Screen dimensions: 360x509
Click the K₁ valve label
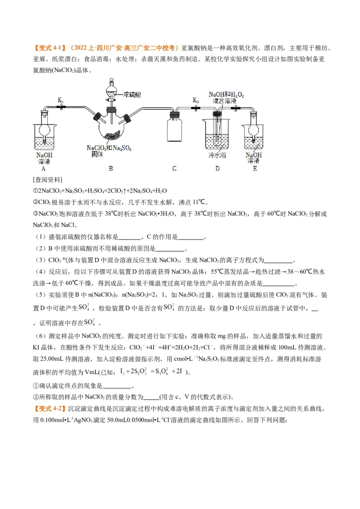click(60, 100)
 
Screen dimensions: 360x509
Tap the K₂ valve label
click(195, 100)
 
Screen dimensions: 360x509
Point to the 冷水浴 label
click(217, 155)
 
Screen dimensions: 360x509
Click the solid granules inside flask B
click(111, 135)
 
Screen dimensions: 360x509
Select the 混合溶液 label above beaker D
click(225, 102)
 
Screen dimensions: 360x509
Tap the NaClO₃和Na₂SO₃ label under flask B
click(110, 148)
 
